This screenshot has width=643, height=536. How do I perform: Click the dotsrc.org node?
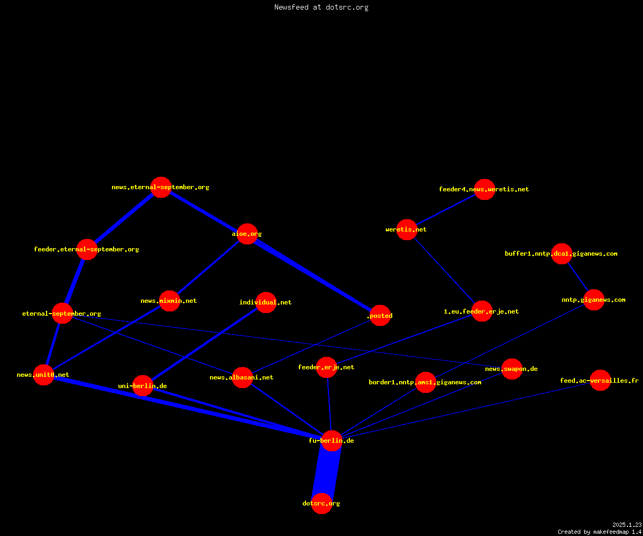tap(322, 503)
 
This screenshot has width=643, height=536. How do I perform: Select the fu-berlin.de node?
tap(332, 441)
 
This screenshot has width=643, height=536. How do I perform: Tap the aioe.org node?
tap(247, 234)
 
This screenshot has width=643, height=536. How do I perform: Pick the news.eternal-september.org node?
tap(161, 187)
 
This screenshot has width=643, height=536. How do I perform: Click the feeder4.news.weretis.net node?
tap(484, 189)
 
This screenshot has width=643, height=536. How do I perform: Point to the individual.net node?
tap(266, 302)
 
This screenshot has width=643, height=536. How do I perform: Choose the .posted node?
tap(380, 316)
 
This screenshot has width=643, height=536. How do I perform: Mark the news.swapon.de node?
tap(512, 369)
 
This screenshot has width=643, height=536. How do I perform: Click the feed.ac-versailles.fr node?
tap(600, 381)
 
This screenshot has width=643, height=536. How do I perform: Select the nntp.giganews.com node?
tap(594, 300)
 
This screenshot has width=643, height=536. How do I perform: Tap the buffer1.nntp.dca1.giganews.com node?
tap(562, 254)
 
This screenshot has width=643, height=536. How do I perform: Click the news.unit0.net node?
tap(43, 375)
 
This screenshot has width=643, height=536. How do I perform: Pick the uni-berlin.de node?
tap(143, 386)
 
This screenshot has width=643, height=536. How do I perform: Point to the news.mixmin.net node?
tap(169, 301)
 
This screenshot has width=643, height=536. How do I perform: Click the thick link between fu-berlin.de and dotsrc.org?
tap(326, 472)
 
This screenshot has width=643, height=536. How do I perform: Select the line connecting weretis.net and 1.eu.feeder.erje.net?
tap(444, 271)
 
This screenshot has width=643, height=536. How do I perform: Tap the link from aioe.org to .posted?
tap(313, 275)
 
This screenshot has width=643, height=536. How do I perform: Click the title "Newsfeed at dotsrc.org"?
tap(321, 7)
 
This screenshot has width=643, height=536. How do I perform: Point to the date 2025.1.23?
tap(627, 525)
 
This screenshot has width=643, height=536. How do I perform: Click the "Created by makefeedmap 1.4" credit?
tap(600, 532)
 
